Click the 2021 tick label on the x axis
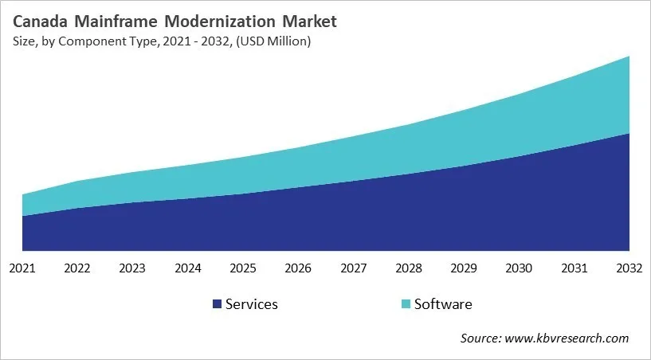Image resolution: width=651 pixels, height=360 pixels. (22, 268)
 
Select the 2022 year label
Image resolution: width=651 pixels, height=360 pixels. (77, 268)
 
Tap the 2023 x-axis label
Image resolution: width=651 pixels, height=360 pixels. (132, 268)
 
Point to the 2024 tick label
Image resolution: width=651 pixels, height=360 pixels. (188, 268)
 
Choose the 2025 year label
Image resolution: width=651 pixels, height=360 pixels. (243, 268)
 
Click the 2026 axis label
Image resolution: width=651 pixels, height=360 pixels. (298, 268)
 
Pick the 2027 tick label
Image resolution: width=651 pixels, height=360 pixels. (353, 268)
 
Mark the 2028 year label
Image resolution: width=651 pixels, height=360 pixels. (409, 268)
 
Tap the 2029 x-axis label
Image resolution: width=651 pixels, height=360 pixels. (464, 268)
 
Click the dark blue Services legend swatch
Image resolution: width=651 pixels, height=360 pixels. (217, 304)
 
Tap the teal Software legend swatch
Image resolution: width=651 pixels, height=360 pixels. (406, 304)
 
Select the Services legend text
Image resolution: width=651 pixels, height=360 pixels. (252, 303)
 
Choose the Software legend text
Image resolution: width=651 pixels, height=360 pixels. (444, 303)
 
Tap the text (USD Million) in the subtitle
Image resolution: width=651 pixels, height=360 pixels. (272, 41)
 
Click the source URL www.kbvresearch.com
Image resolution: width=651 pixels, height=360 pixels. (566, 338)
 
